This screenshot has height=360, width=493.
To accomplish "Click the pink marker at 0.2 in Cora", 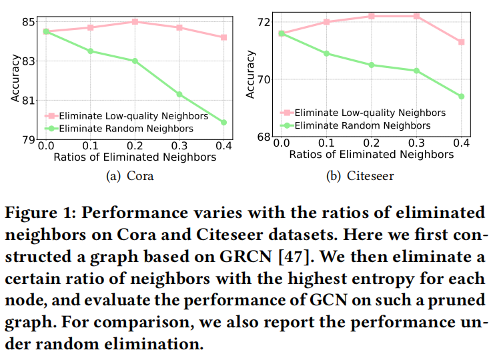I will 135,22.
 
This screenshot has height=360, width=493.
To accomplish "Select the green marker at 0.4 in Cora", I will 223,122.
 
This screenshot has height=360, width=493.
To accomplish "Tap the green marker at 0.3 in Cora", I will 179,94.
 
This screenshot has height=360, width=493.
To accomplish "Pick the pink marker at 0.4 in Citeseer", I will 461,42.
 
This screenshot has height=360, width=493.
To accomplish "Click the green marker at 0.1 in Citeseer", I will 326,53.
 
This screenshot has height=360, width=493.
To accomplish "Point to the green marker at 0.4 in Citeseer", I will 461,96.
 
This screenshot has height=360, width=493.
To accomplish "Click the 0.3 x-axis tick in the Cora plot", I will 179,145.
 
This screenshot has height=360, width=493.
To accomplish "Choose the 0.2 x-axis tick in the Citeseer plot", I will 372,143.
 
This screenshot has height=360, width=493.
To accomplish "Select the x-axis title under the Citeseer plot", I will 371,155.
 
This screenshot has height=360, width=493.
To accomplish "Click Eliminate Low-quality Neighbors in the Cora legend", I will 133,115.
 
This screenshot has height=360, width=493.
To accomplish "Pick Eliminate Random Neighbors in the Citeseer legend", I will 362,125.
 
